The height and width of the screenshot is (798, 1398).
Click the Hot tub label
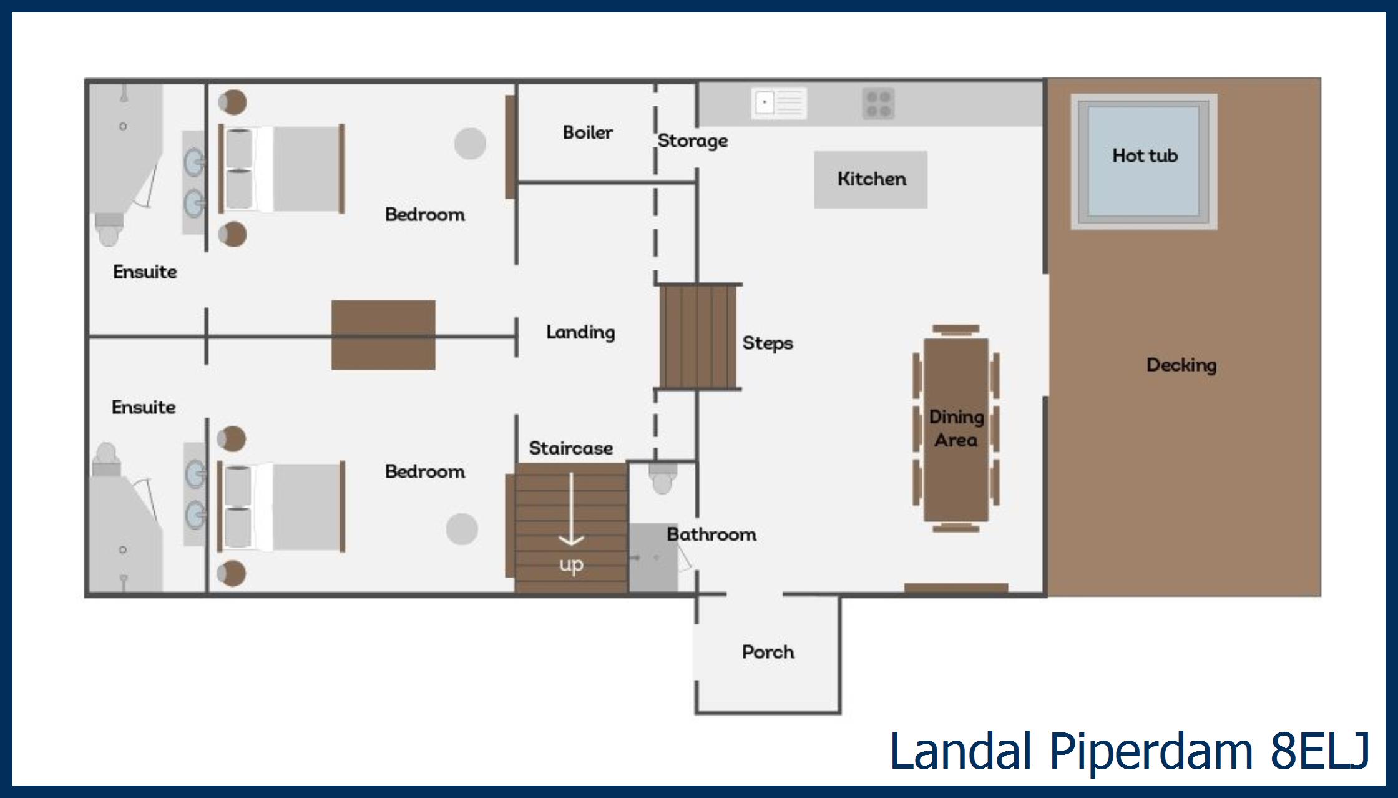1145,155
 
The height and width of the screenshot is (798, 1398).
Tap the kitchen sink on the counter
778,103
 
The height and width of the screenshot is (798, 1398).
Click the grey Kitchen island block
871,179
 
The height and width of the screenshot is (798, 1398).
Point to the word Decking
1181,365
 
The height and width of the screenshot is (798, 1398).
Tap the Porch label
768,652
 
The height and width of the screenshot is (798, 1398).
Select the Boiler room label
587,132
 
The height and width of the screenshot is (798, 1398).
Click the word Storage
692,140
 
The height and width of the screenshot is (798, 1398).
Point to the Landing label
580,332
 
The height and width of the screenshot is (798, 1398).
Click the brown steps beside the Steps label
698,336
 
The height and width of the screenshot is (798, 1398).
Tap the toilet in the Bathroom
662,478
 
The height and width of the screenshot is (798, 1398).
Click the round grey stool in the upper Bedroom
470,144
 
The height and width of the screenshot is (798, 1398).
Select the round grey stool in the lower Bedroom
462,529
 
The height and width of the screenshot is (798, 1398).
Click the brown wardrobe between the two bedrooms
383,335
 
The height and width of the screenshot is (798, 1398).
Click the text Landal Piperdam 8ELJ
1128,751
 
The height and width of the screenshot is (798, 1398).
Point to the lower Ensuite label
144,407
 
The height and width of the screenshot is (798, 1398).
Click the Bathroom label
711,534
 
